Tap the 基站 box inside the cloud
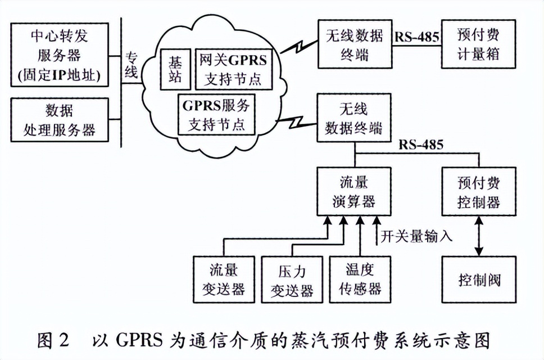[172, 69]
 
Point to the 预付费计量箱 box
[478, 44]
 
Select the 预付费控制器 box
[478, 192]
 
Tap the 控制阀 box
[478, 280]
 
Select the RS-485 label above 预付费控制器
[421, 145]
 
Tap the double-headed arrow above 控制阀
[478, 236]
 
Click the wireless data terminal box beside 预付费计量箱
[355, 44]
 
